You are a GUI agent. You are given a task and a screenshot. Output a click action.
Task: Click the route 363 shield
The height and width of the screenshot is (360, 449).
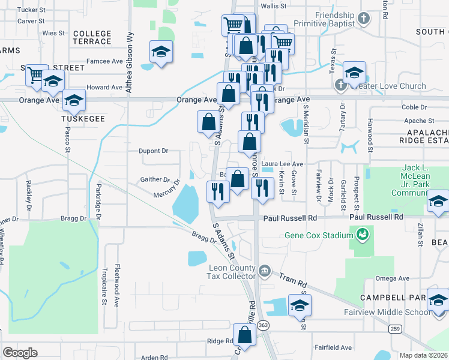(x=265, y=325)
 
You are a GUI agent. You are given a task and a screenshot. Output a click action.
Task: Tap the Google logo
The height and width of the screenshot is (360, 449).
(x=20, y=353)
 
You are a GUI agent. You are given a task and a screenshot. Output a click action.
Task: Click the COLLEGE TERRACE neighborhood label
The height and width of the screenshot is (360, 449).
(x=92, y=38)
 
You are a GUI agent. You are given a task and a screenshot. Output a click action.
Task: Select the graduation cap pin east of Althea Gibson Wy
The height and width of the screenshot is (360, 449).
(x=161, y=52)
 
